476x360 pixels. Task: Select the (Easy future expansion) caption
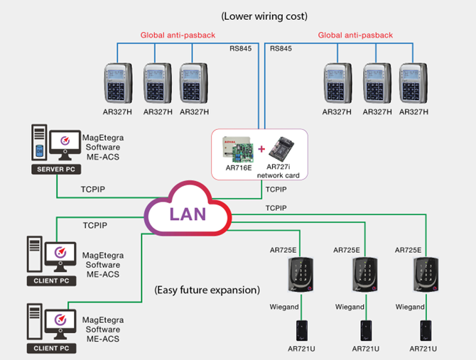click(x=207, y=290)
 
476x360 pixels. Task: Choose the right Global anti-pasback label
click(x=355, y=35)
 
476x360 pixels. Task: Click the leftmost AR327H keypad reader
click(x=119, y=84)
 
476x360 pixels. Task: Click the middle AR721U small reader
click(x=365, y=331)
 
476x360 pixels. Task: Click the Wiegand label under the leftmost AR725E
click(x=283, y=307)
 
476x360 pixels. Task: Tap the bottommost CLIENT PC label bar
click(x=50, y=349)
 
